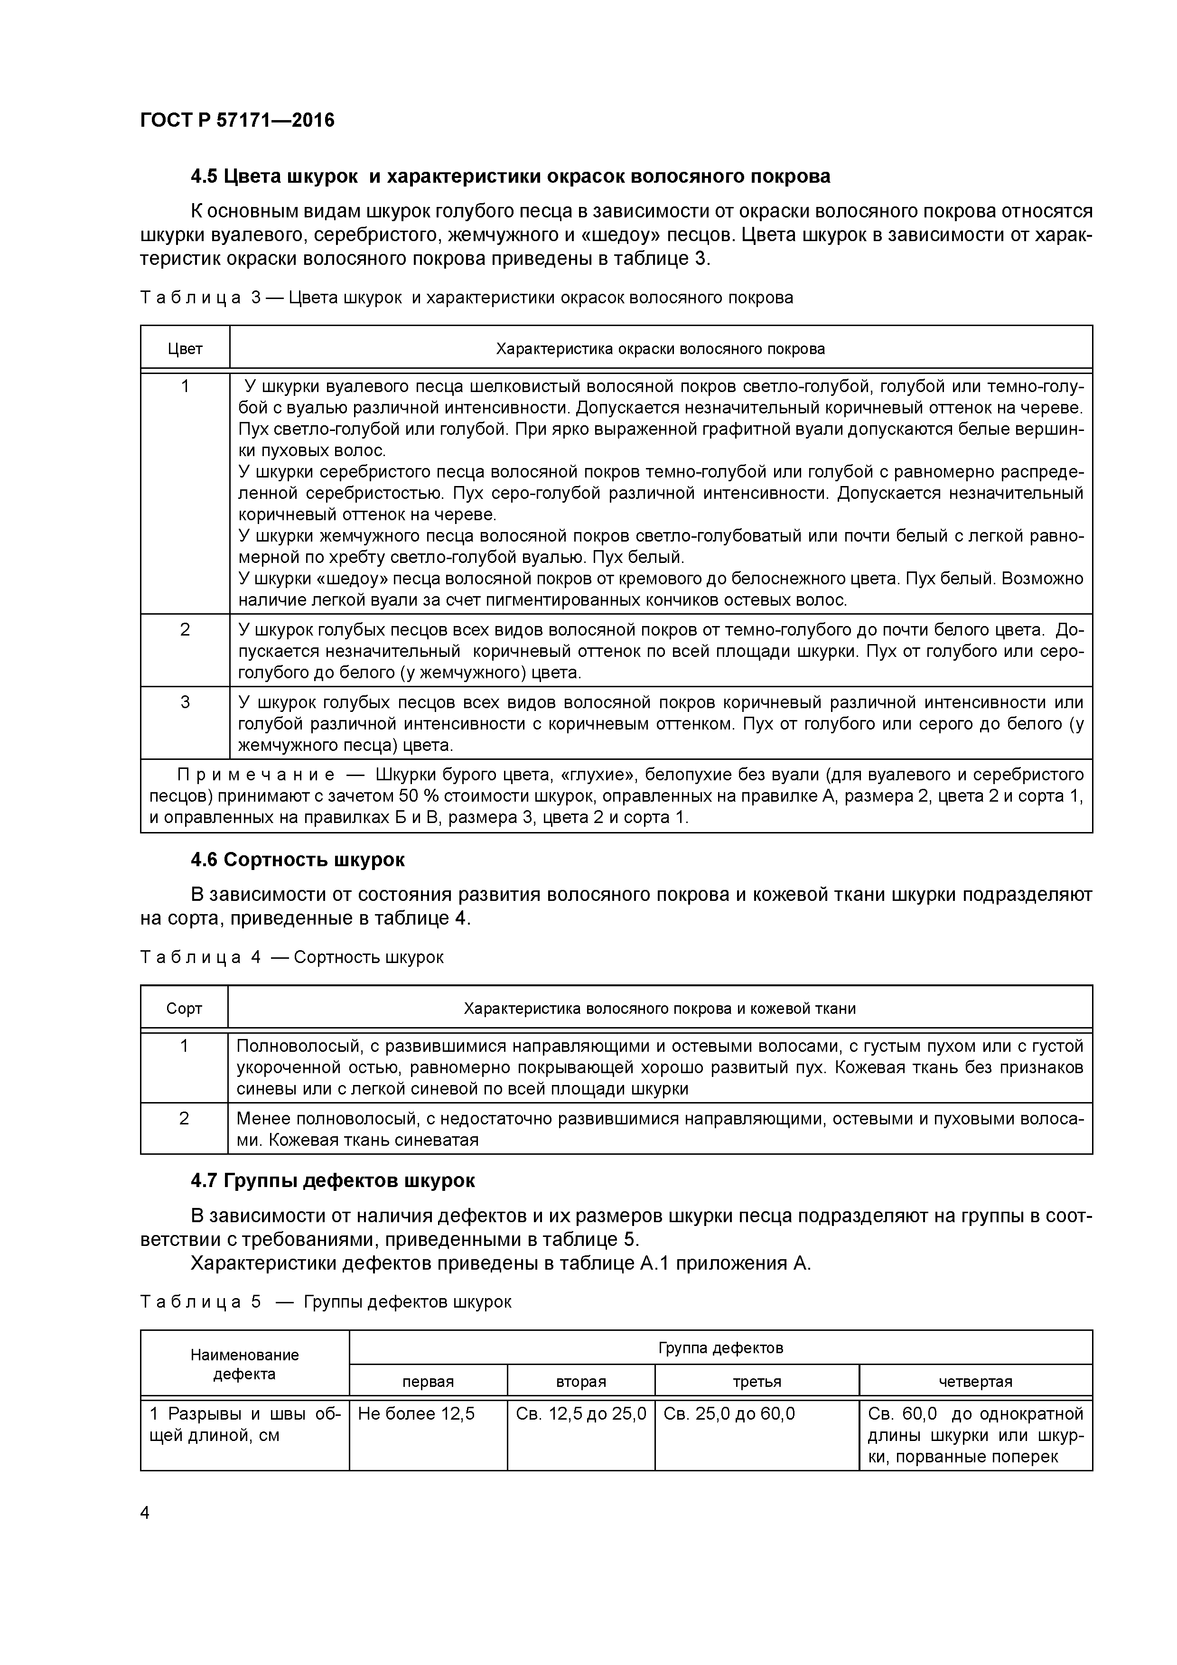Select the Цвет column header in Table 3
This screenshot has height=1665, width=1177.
tap(185, 349)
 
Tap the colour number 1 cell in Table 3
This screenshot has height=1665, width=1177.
tap(185, 386)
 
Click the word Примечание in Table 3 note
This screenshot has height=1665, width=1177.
tap(256, 775)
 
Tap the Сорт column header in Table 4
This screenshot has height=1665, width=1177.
tap(184, 1009)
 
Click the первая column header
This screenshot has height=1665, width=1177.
tap(428, 1382)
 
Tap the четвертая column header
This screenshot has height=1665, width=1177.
tap(975, 1382)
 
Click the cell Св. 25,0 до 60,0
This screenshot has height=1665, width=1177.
tap(729, 1414)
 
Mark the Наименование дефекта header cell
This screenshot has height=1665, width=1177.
tap(244, 1364)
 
